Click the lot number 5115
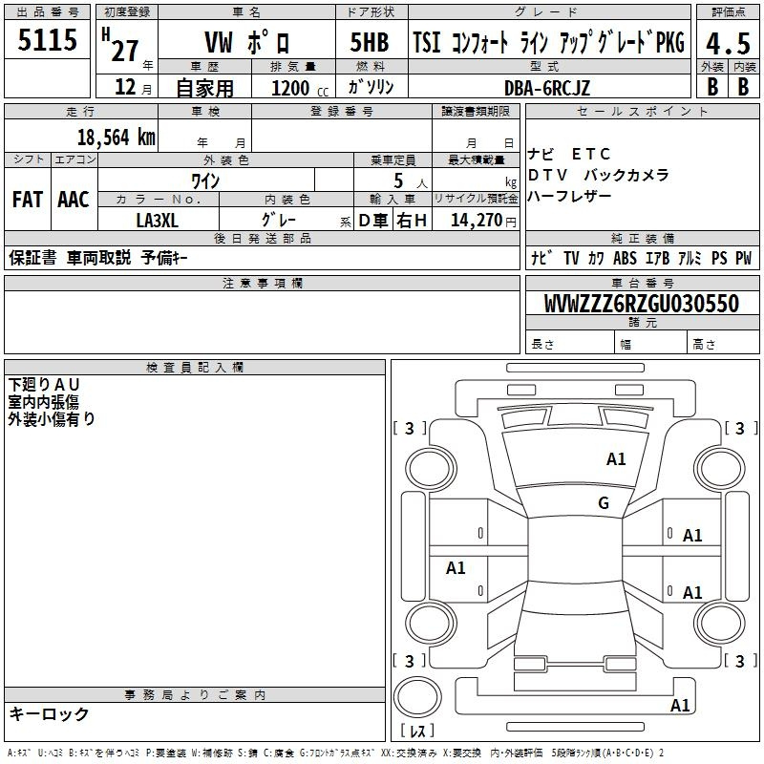[47, 39]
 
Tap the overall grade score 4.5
[728, 43]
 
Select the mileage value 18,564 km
[116, 138]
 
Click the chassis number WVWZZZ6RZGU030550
[642, 303]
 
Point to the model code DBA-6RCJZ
[546, 88]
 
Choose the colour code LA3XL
[157, 221]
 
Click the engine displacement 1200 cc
[300, 88]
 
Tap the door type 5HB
[370, 42]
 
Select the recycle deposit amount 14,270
[477, 221]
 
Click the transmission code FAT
[28, 200]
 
